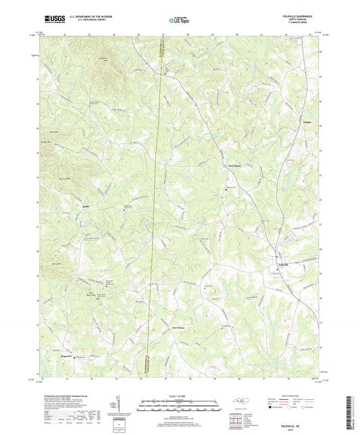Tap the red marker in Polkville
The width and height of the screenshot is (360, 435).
click(277, 270)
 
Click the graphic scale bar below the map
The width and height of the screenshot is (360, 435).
click(180, 405)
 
